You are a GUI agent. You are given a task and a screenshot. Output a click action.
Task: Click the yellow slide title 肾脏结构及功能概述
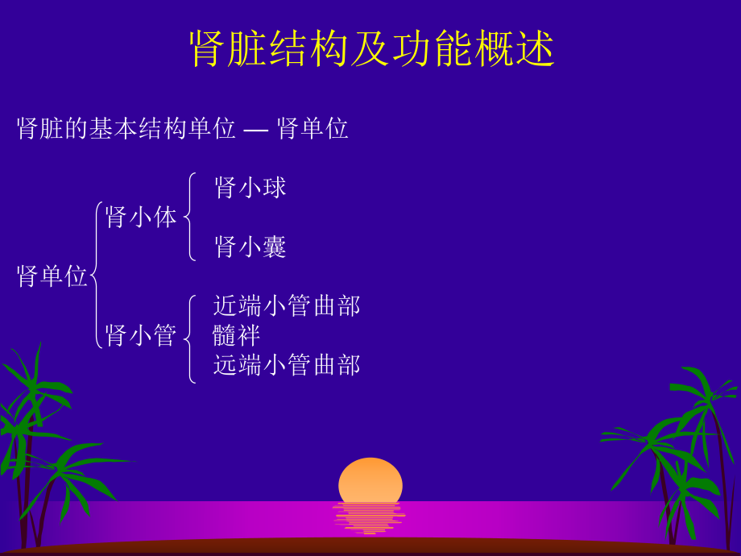pyautogui.click(x=371, y=50)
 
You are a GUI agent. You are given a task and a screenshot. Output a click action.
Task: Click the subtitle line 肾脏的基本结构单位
pyautogui.click(x=126, y=128)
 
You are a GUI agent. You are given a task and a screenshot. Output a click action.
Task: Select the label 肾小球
pyautogui.click(x=250, y=188)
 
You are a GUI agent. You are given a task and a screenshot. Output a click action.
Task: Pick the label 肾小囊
pyautogui.click(x=250, y=247)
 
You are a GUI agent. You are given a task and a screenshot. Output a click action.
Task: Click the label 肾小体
pyautogui.click(x=141, y=217)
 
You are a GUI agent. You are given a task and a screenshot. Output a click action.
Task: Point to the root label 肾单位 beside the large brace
pyautogui.click(x=52, y=276)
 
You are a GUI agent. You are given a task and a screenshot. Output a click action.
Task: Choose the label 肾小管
pyautogui.click(x=141, y=335)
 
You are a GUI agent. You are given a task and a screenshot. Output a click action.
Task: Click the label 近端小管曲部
pyautogui.click(x=287, y=305)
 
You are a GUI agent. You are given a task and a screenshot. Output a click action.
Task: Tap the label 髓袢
pyautogui.click(x=237, y=335)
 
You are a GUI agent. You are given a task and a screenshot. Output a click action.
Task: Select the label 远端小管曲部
pyautogui.click(x=287, y=365)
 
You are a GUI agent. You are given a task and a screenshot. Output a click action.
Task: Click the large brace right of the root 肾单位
pyautogui.click(x=96, y=276)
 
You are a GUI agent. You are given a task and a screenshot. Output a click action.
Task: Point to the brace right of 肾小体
pyautogui.click(x=189, y=217)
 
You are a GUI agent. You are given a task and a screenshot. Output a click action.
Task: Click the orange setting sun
pyautogui.click(x=370, y=481)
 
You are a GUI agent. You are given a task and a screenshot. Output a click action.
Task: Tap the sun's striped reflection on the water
pyautogui.click(x=370, y=518)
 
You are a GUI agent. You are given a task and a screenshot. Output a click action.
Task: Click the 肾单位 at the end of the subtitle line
pyautogui.click(x=313, y=128)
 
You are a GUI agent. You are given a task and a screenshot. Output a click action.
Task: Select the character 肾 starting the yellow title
pyautogui.click(x=206, y=50)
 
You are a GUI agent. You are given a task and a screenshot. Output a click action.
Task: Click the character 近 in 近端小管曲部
pyautogui.click(x=225, y=305)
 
